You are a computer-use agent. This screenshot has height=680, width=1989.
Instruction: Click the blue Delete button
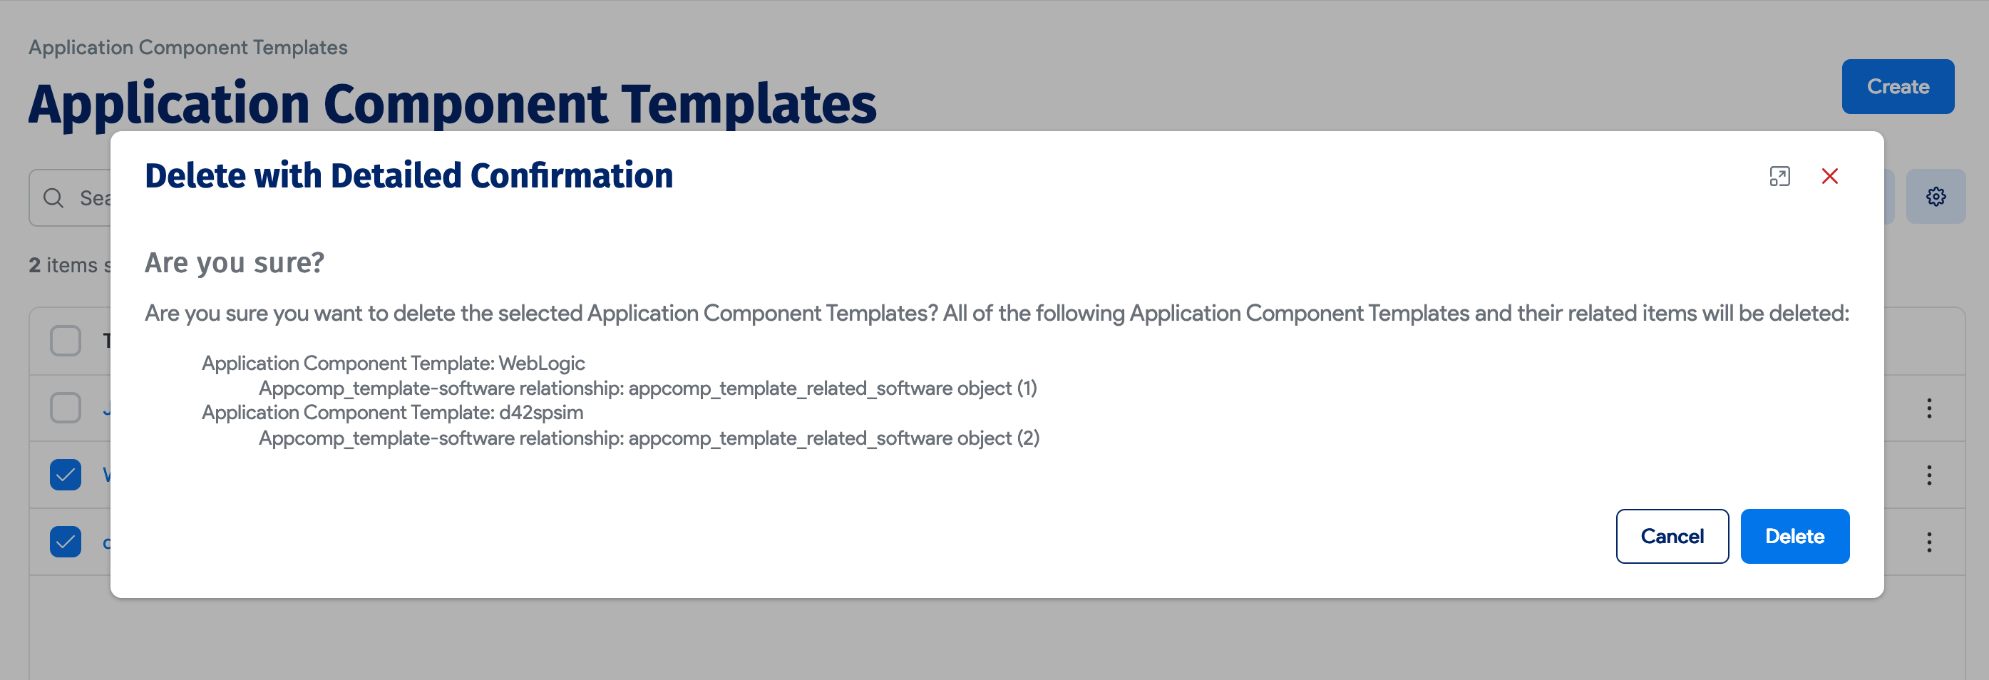(x=1794, y=537)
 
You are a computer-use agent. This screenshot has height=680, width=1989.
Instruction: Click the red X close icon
(x=1829, y=176)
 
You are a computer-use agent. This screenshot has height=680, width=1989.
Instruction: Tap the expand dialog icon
(x=1779, y=176)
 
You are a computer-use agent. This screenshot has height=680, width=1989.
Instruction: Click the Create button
(x=1897, y=86)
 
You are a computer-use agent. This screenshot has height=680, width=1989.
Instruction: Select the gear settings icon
(x=1935, y=197)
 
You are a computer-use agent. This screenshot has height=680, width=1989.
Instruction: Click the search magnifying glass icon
(x=53, y=198)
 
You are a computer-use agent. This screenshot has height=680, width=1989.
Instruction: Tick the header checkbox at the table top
(x=66, y=341)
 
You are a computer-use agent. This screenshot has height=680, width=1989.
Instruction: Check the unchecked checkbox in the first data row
(x=66, y=408)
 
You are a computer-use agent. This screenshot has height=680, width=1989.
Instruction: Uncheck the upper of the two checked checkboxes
(x=66, y=475)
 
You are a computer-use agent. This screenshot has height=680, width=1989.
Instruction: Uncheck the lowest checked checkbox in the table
(x=66, y=541)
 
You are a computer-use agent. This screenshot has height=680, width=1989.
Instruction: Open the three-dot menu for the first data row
(x=1929, y=408)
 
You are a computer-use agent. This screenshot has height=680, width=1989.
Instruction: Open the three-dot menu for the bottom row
(x=1929, y=542)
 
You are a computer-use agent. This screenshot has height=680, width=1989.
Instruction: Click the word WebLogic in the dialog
(x=541, y=363)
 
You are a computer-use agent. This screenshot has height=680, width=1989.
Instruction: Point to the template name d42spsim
(x=540, y=412)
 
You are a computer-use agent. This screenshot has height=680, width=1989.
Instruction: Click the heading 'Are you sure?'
(x=234, y=262)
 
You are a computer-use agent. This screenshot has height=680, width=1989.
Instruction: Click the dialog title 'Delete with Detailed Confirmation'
(x=408, y=175)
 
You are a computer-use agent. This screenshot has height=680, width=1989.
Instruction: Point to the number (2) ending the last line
(x=1028, y=438)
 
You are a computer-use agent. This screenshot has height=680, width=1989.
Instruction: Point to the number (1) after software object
(x=1026, y=388)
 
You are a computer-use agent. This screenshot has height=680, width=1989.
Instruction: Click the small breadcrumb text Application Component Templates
(x=187, y=47)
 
